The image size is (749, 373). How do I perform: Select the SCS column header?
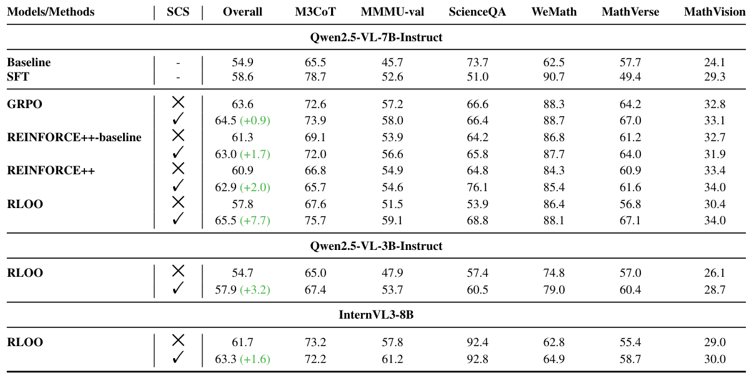(178, 12)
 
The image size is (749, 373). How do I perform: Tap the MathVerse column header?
(630, 12)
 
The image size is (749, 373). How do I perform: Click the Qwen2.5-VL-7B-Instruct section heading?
(376, 37)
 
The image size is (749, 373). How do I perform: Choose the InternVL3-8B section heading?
(376, 315)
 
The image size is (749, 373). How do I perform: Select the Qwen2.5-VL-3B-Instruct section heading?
(376, 246)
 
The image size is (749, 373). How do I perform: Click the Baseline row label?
(29, 62)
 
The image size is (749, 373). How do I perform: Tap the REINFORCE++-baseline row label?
(74, 137)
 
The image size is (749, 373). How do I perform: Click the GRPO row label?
(25, 104)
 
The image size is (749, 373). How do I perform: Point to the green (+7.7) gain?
(255, 221)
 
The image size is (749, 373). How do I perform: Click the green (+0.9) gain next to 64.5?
(255, 121)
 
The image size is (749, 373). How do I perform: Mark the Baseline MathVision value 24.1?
(714, 62)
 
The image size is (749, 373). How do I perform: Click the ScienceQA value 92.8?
(477, 359)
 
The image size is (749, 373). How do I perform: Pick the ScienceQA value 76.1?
(477, 187)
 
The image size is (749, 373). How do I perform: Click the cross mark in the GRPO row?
(178, 102)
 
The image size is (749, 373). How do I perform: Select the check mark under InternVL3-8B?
(178, 357)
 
